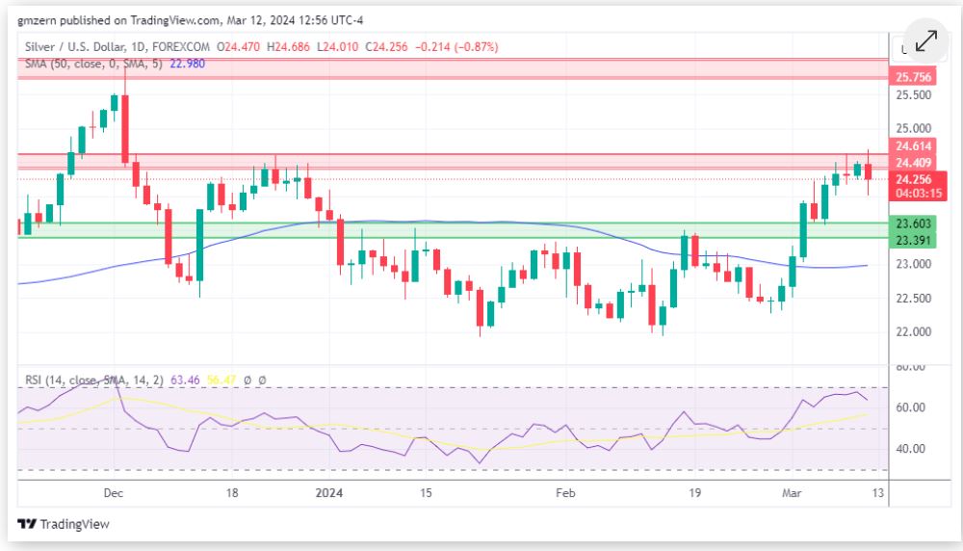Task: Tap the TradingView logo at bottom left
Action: pos(64,524)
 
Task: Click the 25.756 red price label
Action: pos(914,77)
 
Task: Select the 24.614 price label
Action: pos(914,145)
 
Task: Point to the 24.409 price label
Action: pos(914,162)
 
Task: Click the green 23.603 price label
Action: pos(914,223)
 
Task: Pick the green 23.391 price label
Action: pos(914,240)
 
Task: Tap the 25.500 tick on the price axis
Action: pos(914,95)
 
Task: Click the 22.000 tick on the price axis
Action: pos(914,332)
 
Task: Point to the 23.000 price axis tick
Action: pos(914,264)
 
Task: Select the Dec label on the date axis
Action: pos(113,493)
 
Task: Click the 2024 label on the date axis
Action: pos(330,493)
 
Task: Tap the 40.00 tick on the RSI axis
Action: pos(912,449)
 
